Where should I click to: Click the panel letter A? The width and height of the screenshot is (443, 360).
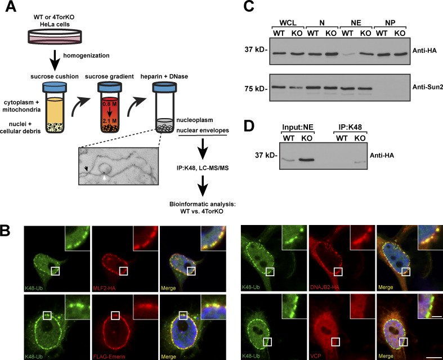[x=7, y=7]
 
